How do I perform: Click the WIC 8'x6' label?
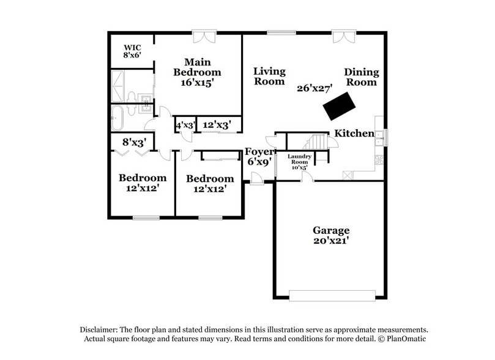(132, 51)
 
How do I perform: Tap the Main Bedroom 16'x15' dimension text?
(197, 83)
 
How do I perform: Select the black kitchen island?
(340, 106)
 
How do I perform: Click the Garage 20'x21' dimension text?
(331, 241)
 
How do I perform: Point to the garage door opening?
(332, 296)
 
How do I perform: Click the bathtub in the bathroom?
(117, 118)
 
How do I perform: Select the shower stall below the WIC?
(117, 86)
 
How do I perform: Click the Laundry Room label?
(299, 159)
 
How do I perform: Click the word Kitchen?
(354, 133)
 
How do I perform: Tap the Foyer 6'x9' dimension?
(259, 162)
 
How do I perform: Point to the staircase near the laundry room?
(315, 142)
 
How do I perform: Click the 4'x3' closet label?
(185, 126)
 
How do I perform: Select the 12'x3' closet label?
(217, 125)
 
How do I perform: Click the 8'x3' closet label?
(135, 143)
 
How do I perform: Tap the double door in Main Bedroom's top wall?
(204, 37)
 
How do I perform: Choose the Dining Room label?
(362, 77)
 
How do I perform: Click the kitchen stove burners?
(379, 159)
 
